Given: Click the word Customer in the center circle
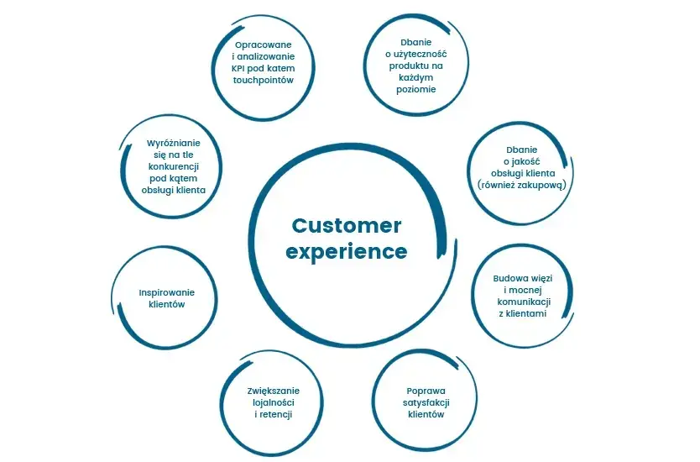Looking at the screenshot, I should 346,226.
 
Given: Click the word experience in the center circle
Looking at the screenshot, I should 346,251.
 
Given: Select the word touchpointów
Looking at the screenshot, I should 262,81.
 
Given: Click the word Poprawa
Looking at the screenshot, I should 425,391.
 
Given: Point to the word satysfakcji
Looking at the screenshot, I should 425,402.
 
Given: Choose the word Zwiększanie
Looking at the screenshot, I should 274,391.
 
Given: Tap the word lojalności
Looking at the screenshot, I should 274,402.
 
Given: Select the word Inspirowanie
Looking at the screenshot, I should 166,292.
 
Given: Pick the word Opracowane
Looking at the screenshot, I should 263,43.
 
